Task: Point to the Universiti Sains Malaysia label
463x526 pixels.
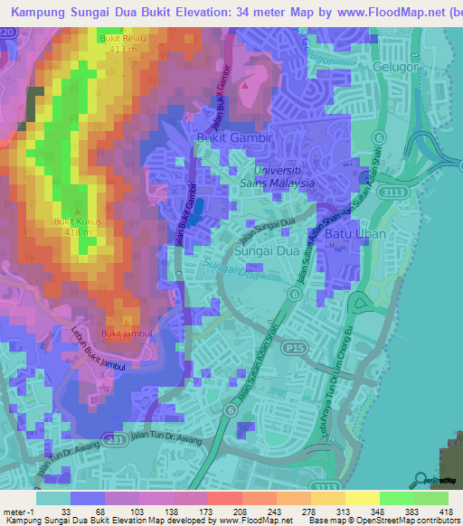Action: (x=283, y=175)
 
